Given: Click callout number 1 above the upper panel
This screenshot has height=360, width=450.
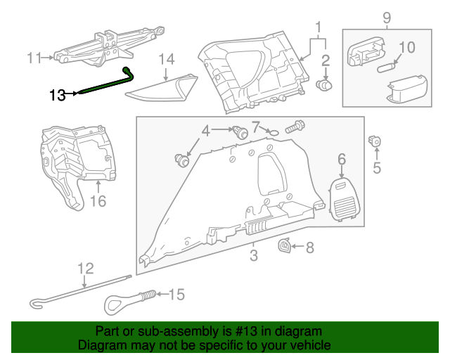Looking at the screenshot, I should point(319,28).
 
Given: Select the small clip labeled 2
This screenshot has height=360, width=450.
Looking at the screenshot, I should point(326,84).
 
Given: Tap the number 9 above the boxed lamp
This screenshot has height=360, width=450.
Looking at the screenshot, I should point(386,16).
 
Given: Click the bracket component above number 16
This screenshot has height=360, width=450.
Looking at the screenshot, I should point(76,158).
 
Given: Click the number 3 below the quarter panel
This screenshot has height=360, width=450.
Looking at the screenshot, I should point(254,255).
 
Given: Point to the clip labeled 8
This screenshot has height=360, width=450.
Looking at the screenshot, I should point(285,245).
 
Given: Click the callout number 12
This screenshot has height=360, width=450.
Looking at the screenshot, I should point(85,268).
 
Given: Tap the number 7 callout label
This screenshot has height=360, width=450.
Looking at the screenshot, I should point(256,127).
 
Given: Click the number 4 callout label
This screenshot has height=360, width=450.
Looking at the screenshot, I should point(205,130).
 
